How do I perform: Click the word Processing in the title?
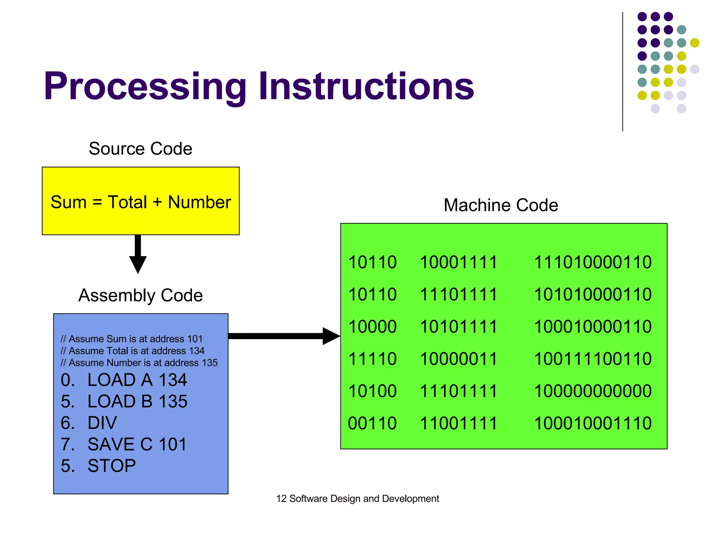[145, 86]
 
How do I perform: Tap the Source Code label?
[140, 149]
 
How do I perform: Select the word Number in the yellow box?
[199, 202]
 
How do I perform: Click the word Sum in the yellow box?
[68, 202]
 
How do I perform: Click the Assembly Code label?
[140, 295]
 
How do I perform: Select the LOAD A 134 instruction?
[124, 380]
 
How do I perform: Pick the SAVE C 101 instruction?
[124, 444]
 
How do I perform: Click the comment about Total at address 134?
[133, 351]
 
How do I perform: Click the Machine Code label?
[501, 205]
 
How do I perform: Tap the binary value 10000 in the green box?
[372, 327]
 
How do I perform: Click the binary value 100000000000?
[593, 391]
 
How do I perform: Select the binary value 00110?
[372, 423]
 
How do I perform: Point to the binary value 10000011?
[458, 359]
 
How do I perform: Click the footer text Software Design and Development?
[364, 499]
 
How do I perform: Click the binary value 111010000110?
[593, 262]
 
